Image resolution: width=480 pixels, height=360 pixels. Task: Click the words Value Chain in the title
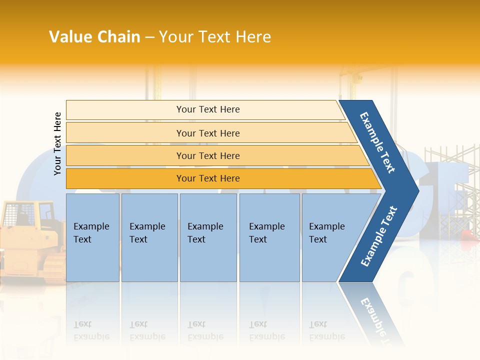[x=94, y=37]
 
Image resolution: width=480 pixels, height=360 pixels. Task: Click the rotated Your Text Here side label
[x=57, y=144]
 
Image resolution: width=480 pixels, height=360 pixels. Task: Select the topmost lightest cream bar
[x=125, y=110]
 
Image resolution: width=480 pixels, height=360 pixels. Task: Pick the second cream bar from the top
[x=125, y=133]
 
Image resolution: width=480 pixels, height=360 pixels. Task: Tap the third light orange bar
[x=125, y=155]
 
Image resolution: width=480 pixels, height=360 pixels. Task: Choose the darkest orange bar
[x=125, y=178]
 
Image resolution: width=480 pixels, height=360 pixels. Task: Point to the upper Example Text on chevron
[x=377, y=142]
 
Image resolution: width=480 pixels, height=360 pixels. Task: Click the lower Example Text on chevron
[x=379, y=236]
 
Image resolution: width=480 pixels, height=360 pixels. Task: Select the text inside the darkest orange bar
[x=208, y=178]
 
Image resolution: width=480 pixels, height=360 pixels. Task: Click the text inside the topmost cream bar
[x=208, y=109]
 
